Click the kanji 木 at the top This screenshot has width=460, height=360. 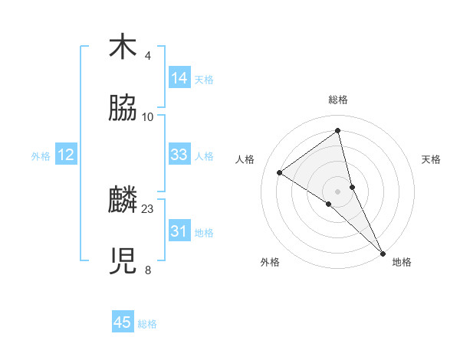(123, 47)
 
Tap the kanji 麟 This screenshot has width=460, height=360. (123, 201)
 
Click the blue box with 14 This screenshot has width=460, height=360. (179, 78)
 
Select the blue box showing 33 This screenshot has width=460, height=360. (179, 155)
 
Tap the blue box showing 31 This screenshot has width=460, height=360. (179, 231)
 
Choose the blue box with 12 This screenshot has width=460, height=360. (66, 155)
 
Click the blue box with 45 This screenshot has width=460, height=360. (123, 322)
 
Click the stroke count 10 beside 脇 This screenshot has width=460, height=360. (148, 116)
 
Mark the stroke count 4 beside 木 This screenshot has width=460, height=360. (148, 55)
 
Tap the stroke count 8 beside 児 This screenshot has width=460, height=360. (148, 270)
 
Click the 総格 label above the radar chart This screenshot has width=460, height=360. (338, 100)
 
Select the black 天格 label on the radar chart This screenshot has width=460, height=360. (431, 159)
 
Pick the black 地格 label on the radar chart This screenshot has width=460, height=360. (402, 262)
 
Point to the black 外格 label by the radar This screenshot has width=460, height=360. (270, 262)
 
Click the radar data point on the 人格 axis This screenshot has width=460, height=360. (280, 172)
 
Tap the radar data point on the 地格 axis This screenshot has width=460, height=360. (383, 252)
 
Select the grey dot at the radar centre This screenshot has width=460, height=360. (338, 191)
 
